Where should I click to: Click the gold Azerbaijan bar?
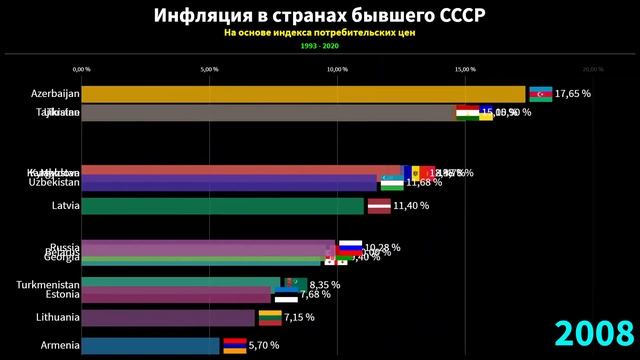click(x=300, y=93)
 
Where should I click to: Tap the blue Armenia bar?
click(x=150, y=346)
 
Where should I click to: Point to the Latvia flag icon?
click(x=378, y=206)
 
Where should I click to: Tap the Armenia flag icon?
click(x=233, y=346)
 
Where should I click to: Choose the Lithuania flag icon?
click(x=269, y=318)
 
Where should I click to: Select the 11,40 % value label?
click(x=411, y=206)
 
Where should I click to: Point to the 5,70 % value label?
click(x=266, y=346)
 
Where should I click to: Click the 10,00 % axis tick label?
click(x=337, y=69)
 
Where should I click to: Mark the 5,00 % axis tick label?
click(x=209, y=69)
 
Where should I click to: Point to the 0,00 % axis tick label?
click(x=82, y=69)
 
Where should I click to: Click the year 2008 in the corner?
click(x=594, y=333)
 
